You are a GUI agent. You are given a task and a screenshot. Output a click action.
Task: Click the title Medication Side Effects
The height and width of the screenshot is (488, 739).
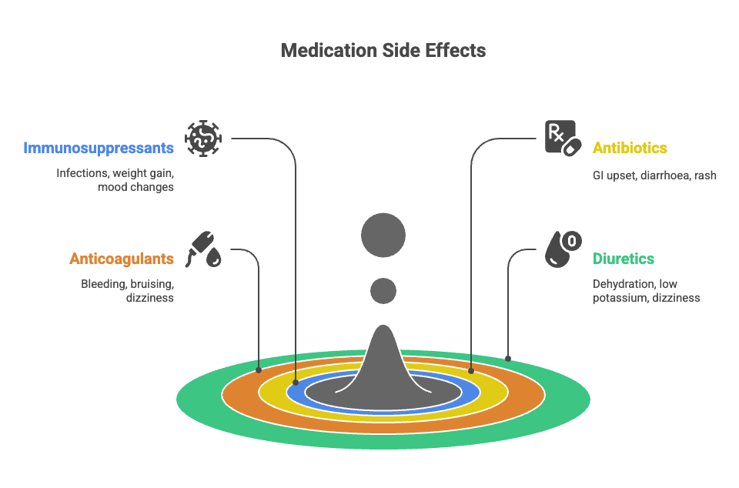[x=383, y=51]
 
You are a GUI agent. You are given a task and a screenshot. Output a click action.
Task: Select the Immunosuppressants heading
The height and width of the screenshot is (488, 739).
[x=99, y=148]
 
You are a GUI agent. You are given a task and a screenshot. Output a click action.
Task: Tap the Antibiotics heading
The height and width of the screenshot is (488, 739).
[x=630, y=148]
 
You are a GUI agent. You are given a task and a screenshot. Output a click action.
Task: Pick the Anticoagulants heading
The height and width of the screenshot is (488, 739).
[x=122, y=259]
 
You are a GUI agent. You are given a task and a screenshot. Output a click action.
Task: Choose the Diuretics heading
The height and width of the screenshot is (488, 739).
[x=624, y=259]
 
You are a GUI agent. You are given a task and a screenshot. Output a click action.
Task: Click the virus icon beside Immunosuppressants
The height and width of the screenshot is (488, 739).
[x=203, y=138]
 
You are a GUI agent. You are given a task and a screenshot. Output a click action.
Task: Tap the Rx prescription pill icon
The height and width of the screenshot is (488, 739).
[x=561, y=139]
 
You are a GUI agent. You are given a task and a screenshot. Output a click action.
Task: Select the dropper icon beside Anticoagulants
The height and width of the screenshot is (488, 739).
[x=205, y=249]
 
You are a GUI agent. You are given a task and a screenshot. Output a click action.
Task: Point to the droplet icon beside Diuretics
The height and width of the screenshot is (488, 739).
[x=563, y=249]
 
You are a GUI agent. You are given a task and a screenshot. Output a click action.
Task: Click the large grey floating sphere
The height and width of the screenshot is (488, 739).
[x=383, y=234]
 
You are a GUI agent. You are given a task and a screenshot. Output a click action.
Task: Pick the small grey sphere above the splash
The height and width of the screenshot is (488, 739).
[x=383, y=290]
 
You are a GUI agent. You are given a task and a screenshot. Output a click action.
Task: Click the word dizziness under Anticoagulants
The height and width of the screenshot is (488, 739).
[x=150, y=298]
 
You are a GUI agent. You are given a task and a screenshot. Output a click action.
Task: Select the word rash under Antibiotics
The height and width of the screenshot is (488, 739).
[x=704, y=175]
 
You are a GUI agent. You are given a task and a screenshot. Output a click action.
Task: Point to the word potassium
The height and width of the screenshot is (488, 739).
[x=620, y=298]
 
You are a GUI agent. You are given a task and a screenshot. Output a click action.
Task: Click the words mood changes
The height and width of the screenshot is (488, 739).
[x=135, y=187]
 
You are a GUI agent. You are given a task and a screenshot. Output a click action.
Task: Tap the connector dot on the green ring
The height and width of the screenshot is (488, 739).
[x=508, y=359]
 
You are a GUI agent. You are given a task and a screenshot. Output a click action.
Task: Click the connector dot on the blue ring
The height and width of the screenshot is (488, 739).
[x=296, y=382]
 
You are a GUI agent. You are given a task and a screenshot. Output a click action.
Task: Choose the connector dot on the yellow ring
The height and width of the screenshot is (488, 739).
[x=471, y=371]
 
